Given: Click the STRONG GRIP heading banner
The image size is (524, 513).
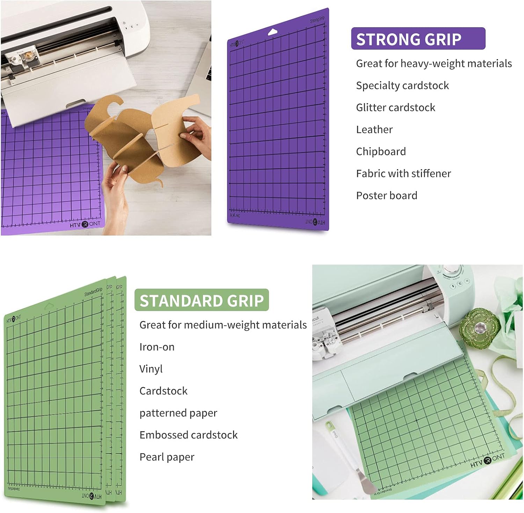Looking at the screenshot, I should (418, 39).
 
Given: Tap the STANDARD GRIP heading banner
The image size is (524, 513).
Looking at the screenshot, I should (202, 300).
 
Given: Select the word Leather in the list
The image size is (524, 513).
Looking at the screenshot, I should (374, 130).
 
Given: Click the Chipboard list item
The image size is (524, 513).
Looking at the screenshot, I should (381, 152).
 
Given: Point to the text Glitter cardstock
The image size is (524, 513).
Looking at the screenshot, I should (395, 108).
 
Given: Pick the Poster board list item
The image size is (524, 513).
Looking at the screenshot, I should (386, 196).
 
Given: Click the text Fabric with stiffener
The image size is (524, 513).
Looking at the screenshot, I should (403, 174).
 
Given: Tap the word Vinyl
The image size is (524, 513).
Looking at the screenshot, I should (151, 369).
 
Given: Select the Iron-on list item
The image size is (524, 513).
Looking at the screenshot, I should (157, 347).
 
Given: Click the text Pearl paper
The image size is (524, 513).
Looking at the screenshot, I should (167, 457).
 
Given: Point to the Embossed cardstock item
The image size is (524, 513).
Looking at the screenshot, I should (188, 435).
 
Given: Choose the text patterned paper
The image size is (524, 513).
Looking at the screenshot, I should (178, 413).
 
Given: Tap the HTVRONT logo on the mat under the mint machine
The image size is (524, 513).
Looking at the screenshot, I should (488, 461).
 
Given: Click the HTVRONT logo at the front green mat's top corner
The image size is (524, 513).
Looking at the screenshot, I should (14, 318).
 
